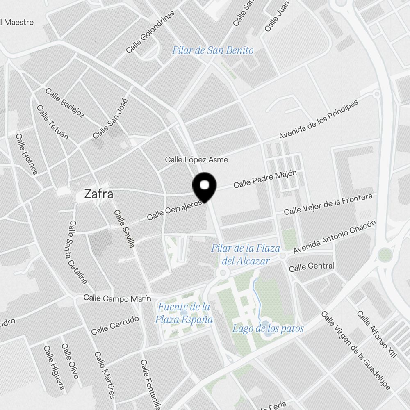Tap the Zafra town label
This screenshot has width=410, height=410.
pyautogui.click(x=98, y=194)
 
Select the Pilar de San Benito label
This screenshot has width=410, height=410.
pyautogui.click(x=213, y=50)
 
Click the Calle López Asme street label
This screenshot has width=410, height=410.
pyautogui.click(x=196, y=159)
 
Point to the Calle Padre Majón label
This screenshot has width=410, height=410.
pyautogui.click(x=265, y=180)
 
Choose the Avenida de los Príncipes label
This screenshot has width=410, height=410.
pyautogui.click(x=319, y=119)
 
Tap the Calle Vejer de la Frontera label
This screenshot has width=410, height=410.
pyautogui.click(x=328, y=204)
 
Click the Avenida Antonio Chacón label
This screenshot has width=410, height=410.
pyautogui.click(x=334, y=237)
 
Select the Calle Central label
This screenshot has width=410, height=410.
pyautogui.click(x=311, y=267)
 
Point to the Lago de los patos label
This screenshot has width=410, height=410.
pyautogui.click(x=268, y=328)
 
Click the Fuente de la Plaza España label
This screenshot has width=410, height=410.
pyautogui.click(x=184, y=313)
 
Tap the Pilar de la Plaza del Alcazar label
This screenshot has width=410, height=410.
pyautogui.click(x=246, y=254)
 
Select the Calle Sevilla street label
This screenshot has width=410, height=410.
pyautogui.click(x=124, y=229)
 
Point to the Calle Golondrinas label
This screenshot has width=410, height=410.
pyautogui.click(x=150, y=32)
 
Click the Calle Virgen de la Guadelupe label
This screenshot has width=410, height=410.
pyautogui.click(x=356, y=350)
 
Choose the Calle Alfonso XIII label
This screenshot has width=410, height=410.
pyautogui.click(x=377, y=334)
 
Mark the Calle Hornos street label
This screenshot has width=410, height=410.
pyautogui.click(x=27, y=154)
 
